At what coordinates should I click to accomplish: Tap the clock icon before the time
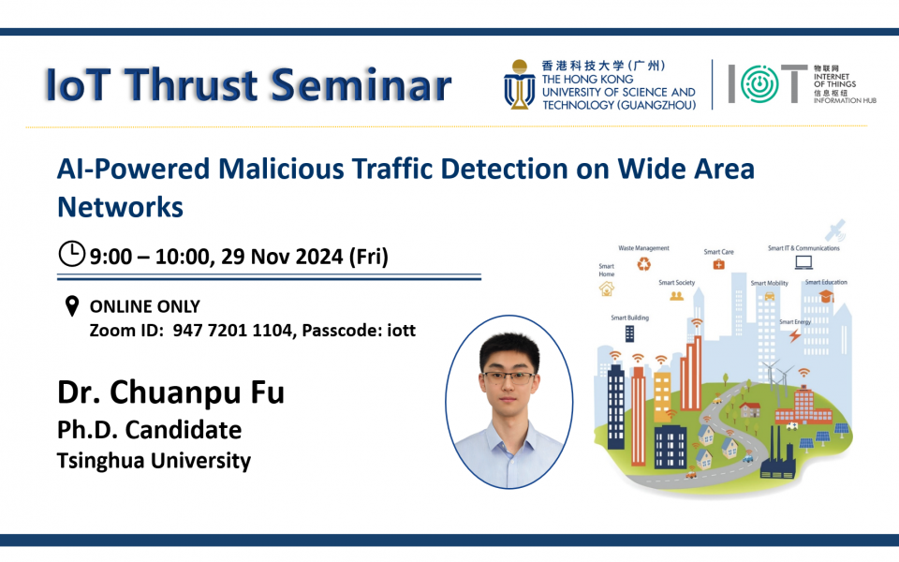[71, 254]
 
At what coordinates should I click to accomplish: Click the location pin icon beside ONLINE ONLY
[71, 306]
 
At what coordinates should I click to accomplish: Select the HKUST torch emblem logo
[519, 85]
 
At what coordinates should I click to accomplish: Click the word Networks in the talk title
[120, 206]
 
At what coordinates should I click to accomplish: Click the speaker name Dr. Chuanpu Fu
[170, 391]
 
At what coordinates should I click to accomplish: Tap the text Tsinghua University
[154, 460]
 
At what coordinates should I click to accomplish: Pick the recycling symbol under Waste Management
[643, 264]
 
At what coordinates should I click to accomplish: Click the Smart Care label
[718, 252]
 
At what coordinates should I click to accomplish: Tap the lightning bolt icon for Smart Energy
[794, 334]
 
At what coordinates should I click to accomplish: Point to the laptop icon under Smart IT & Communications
[803, 262]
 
